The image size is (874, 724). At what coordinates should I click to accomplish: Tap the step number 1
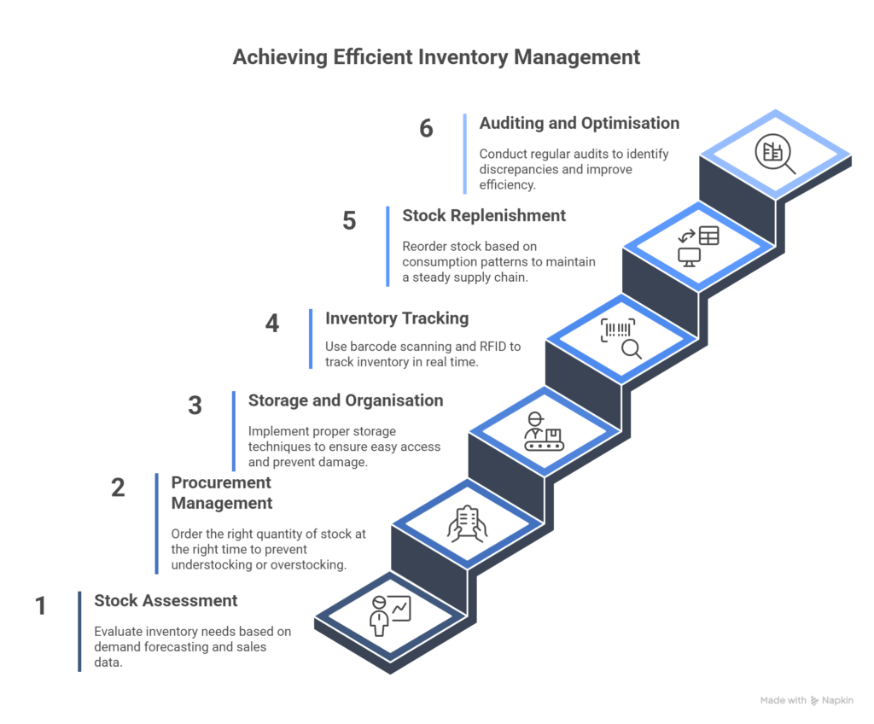pos(40,606)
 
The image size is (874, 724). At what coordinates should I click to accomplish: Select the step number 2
pos(118,488)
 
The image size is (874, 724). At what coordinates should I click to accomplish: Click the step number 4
pos(271,324)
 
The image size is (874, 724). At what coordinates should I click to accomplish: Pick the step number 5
pos(349,221)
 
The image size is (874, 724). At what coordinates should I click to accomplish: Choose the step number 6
pos(426,128)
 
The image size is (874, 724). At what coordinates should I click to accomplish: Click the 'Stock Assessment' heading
pos(166,600)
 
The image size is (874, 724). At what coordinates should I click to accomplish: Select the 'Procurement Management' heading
pos(221,493)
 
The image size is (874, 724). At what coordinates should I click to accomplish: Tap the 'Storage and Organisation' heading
pos(345,400)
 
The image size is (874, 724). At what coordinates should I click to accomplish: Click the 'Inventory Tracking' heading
pos(397,318)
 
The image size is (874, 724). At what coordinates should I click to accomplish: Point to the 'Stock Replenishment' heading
pos(484,215)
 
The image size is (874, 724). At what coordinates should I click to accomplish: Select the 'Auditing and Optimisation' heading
pos(579,123)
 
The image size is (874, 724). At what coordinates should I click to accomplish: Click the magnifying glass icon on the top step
pos(775,156)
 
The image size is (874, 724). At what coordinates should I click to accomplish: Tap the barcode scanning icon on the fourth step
pos(621,338)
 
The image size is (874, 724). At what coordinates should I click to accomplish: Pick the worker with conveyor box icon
pos(544,432)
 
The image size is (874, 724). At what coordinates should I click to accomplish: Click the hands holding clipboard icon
pos(467,523)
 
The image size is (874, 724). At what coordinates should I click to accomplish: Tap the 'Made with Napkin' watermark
pos(806,700)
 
